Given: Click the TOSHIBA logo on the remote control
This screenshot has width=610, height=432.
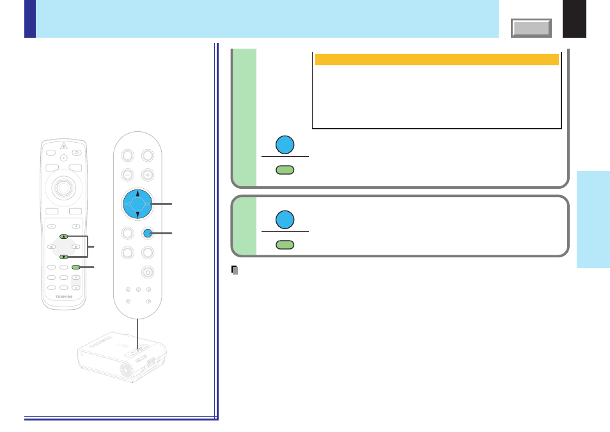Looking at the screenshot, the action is coord(64,297).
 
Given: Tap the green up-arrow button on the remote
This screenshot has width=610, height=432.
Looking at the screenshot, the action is coord(64,236).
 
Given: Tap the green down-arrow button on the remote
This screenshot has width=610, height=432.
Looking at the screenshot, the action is coord(64,257).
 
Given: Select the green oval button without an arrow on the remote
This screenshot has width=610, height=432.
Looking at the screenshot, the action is coord(76,268).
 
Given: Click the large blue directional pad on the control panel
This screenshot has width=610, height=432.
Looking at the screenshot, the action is coord(137,204).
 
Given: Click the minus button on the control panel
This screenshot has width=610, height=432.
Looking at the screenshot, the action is coord(128,175).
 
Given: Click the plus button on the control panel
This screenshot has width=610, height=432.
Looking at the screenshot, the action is coord(148,175).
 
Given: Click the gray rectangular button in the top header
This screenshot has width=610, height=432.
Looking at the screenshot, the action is coord(531,28).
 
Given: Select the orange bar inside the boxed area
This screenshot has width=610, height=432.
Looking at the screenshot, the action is coord(437,60).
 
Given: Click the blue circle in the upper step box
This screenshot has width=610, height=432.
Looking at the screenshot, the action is coord(285,145).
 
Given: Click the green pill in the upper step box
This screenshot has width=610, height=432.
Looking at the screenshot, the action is coord(285,170).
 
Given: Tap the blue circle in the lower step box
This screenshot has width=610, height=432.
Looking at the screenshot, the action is coord(285,220).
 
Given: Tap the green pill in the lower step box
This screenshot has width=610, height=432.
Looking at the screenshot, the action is coord(285,244).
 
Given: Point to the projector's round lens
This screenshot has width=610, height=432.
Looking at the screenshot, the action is coord(127,370).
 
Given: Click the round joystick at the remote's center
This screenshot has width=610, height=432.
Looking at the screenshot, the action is coord(64,188).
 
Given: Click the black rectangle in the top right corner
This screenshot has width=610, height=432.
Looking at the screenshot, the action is coord(574,19).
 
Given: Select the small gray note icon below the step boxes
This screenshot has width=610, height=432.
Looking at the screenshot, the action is coord(235,270).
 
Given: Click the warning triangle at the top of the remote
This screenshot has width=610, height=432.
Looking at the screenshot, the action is coord(64,146).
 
